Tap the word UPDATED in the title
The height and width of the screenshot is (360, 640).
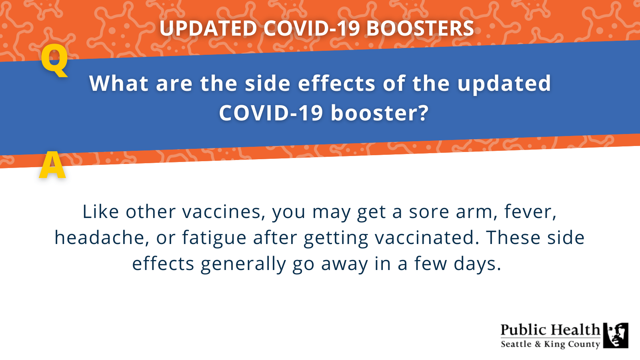[x=208, y=29]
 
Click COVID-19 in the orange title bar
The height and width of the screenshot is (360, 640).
[x=312, y=29]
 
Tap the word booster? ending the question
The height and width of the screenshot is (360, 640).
[x=380, y=113]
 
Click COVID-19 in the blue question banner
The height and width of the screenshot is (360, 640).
[x=271, y=113]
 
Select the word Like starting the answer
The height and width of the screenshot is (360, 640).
[x=100, y=212]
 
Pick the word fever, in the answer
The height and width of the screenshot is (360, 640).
[x=530, y=212]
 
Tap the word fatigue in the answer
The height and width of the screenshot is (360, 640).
[x=214, y=238]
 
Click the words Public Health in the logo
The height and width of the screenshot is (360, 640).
[x=550, y=330]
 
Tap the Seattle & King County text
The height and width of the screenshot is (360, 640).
[x=550, y=344]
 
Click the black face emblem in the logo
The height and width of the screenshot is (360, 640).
[x=616, y=335]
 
